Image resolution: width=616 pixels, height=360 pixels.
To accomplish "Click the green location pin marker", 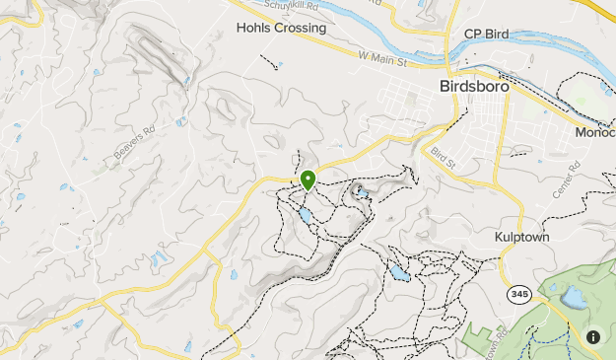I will (x=308, y=180).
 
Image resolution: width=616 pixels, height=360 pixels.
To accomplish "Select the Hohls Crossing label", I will (x=281, y=28).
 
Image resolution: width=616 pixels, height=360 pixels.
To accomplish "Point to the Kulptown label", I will (x=521, y=238).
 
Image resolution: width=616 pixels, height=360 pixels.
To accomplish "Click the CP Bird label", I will (x=486, y=35).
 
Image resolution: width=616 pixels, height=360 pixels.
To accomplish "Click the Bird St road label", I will (x=445, y=158).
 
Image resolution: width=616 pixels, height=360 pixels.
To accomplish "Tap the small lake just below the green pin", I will (x=306, y=214).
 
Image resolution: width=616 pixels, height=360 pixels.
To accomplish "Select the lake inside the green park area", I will (x=572, y=296).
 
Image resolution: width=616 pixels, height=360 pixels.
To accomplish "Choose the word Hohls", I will (x=252, y=28).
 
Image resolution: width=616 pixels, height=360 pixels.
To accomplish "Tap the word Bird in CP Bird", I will (x=496, y=35).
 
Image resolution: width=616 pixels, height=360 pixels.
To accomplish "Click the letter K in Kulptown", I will (x=499, y=238).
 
